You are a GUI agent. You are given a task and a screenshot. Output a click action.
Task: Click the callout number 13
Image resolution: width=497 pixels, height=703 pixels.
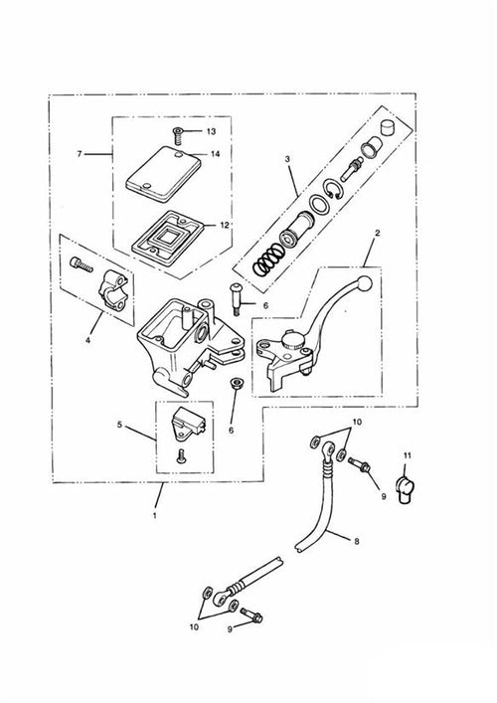tap(211, 132)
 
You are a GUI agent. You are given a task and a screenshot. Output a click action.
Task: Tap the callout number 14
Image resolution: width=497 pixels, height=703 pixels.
tap(215, 154)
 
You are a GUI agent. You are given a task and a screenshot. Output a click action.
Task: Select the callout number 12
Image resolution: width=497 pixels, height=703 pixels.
tap(225, 225)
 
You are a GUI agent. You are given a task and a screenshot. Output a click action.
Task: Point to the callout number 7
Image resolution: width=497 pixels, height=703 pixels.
tap(80, 154)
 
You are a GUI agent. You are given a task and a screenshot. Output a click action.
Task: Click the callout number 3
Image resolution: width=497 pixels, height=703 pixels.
tap(287, 159)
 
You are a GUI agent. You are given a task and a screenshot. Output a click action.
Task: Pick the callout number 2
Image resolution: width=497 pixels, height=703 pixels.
tap(377, 233)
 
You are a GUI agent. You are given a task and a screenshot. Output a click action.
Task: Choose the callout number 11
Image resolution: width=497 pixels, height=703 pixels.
tap(407, 455)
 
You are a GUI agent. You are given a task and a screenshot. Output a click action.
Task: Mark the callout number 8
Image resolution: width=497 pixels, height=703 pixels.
tap(357, 541)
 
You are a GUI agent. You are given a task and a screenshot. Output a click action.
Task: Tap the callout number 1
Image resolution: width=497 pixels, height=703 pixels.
tap(155, 516)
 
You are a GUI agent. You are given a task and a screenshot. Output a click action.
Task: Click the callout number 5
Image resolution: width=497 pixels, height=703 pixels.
tap(119, 425)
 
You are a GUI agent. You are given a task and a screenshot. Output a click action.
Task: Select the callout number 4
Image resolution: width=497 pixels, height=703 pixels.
tap(87, 341)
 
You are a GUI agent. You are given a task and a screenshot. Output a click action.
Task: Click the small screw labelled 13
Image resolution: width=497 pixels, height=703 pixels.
tap(177, 135)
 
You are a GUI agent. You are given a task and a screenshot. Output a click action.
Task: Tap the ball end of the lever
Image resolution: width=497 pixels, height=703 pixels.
tap(364, 283)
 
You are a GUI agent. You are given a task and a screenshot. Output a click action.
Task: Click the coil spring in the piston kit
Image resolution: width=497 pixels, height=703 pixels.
tap(266, 262)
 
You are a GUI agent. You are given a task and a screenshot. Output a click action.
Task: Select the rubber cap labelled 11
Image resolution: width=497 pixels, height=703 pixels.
tap(406, 491)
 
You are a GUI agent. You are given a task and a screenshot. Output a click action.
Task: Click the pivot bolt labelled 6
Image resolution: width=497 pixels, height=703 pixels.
tap(237, 299)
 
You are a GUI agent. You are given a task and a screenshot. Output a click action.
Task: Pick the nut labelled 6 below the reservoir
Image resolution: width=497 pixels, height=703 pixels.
tap(235, 384)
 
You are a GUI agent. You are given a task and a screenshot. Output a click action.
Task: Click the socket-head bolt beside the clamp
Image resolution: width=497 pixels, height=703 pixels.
tap(82, 264)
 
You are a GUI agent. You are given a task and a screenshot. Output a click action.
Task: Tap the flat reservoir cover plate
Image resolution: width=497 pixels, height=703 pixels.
tap(163, 173)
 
